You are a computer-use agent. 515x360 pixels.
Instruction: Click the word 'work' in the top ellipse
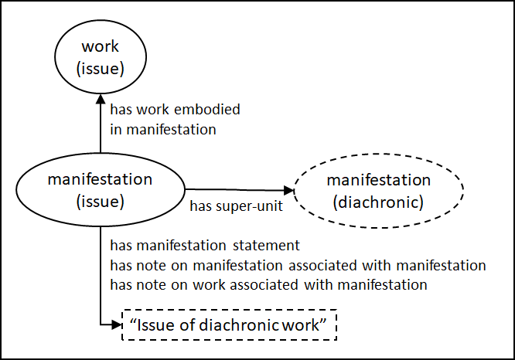click(100, 49)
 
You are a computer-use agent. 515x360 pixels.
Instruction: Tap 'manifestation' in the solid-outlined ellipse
click(100, 179)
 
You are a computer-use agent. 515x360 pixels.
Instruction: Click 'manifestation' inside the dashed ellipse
click(378, 180)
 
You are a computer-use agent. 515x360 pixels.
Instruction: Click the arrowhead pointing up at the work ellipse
click(100, 99)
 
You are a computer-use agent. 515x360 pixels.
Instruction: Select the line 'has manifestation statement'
click(205, 246)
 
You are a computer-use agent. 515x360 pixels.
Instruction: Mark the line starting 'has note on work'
click(269, 284)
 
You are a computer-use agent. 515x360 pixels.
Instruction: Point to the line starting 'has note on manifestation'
click(298, 266)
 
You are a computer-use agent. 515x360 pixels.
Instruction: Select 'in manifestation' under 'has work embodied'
click(163, 129)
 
